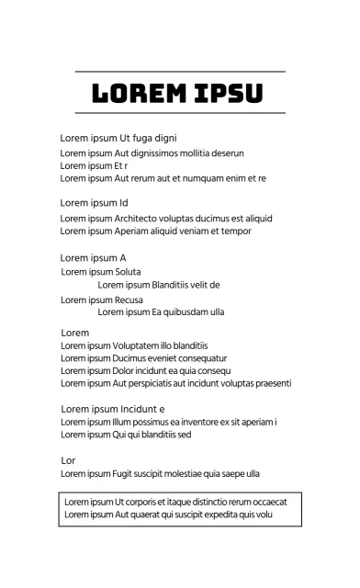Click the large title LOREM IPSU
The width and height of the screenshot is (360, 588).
point(179,93)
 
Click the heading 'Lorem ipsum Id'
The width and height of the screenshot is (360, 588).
point(94,202)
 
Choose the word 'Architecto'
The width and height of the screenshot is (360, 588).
point(139,219)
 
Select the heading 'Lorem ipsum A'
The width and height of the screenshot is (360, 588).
point(93,258)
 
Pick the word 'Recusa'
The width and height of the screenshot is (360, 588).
point(129,300)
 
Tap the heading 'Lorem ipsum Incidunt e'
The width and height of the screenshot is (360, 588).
point(112,409)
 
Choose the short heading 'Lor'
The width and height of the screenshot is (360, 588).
point(68,459)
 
